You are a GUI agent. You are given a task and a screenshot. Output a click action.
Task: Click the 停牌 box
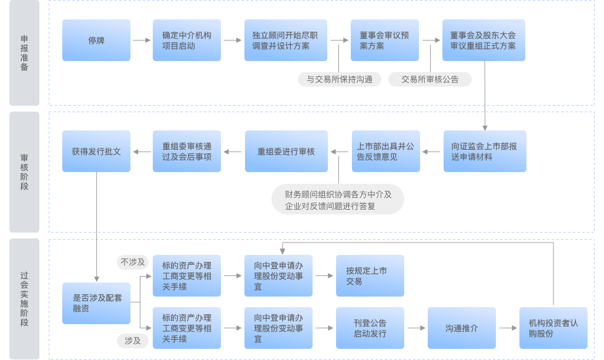coord(96,41)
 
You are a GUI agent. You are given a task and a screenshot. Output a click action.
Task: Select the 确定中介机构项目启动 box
coord(187,41)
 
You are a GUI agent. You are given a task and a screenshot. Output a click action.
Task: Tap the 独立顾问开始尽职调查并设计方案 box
coord(286,41)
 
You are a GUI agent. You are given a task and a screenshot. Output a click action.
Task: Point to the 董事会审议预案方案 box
coord(385,41)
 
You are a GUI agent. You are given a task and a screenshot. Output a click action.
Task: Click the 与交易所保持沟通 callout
coord(340,79)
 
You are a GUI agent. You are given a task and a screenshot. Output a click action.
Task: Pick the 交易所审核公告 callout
coord(430,79)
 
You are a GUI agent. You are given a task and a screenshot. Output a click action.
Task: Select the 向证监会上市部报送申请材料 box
coord(485,152)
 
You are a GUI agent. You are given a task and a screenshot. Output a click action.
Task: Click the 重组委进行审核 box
coord(286,152)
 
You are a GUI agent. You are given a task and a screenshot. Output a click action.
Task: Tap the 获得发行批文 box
coord(96,152)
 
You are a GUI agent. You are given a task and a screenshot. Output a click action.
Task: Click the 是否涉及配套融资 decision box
coord(96,303)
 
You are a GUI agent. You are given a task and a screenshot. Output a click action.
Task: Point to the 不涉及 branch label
coord(133,263)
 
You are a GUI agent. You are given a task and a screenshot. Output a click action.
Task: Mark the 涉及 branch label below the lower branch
coord(133,340)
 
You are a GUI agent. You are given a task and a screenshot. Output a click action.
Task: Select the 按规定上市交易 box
coord(370,276)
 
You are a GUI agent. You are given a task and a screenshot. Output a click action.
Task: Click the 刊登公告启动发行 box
coord(370,328)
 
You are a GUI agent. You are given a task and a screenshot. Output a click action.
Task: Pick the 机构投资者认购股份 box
coord(553,328)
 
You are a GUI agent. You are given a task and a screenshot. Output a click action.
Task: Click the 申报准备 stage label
coord(24,53)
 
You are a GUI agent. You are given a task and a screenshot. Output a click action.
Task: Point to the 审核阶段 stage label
coord(24,172)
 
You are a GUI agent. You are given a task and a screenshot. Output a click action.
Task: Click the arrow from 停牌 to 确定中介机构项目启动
coord(142,41)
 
